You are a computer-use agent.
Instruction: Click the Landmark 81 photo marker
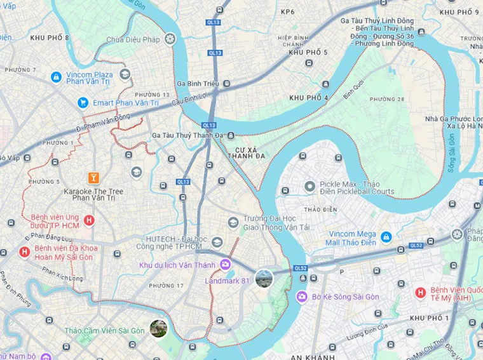(x=264, y=278)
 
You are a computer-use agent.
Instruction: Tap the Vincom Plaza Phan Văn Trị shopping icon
(x=56, y=77)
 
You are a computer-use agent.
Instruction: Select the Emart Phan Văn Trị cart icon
(x=83, y=102)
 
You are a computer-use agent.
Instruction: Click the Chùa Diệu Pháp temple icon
(x=169, y=40)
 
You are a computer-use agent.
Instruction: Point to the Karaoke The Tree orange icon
(x=93, y=177)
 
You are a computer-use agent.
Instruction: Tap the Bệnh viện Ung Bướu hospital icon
(x=89, y=221)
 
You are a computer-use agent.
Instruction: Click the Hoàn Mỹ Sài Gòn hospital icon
(x=25, y=252)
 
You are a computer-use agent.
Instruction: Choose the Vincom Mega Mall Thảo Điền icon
(x=386, y=237)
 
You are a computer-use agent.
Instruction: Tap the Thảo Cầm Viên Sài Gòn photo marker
(x=158, y=328)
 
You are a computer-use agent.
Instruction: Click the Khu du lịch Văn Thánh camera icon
(x=225, y=264)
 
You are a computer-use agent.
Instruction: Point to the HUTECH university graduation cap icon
(x=217, y=243)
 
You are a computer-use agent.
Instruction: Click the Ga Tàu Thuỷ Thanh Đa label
(x=189, y=135)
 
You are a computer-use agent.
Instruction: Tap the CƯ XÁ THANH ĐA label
(x=246, y=152)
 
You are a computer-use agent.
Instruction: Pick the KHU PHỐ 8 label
(x=49, y=38)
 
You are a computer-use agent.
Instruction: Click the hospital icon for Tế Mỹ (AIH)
(x=419, y=292)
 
